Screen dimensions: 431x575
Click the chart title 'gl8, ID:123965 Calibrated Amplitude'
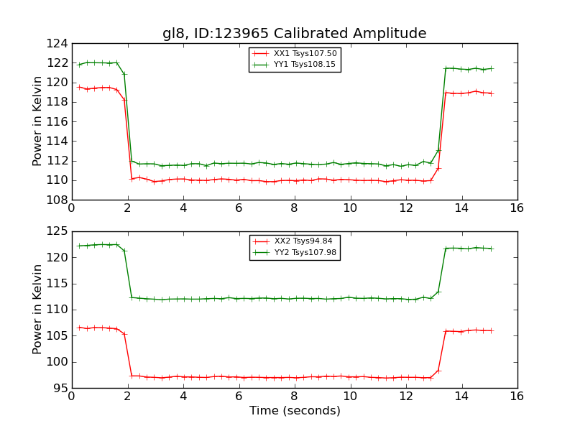(294, 33)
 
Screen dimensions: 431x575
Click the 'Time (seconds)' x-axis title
(295, 411)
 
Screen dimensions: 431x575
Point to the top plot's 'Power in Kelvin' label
(38, 121)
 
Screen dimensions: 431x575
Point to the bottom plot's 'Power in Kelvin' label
(38, 310)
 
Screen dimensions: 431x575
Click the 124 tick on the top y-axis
(60, 43)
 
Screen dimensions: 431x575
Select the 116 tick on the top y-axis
(60, 121)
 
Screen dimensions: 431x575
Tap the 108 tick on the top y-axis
(60, 200)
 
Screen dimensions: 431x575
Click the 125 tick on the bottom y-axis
(60, 231)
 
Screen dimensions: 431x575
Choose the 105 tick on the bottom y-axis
(60, 335)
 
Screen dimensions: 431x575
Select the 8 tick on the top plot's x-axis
(294, 208)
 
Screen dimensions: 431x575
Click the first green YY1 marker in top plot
(79, 65)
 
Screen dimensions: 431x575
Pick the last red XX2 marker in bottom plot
(491, 330)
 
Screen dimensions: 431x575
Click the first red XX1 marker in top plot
(79, 87)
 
